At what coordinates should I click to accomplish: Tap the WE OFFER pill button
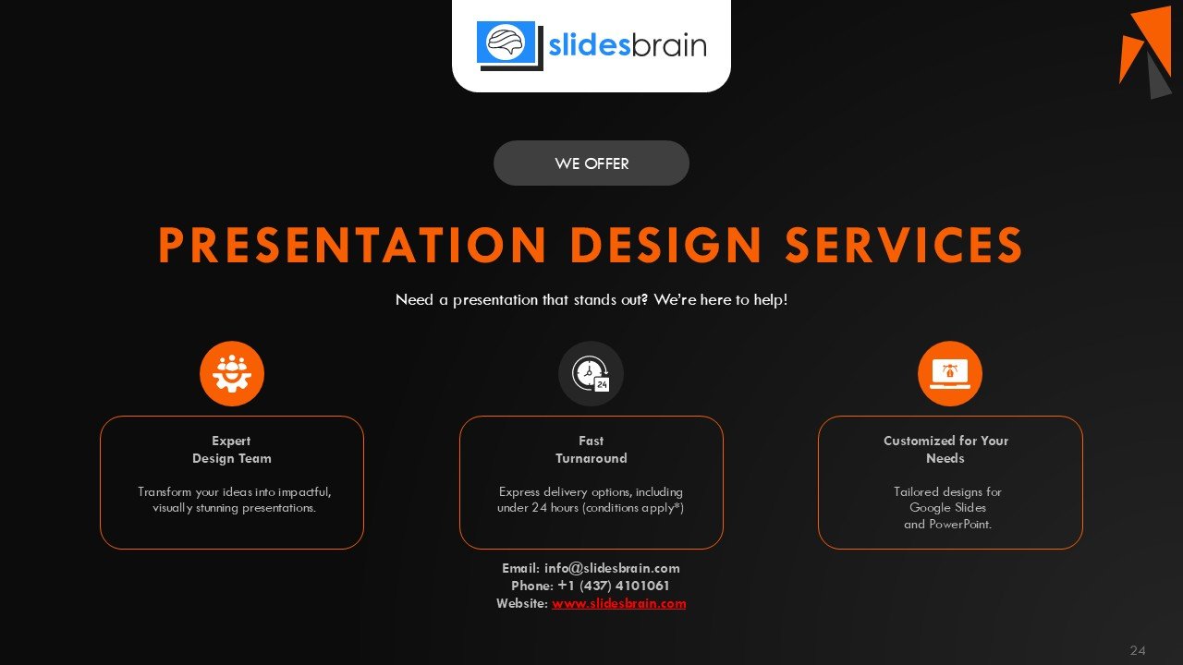[591, 163]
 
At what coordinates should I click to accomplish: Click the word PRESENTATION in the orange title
[352, 245]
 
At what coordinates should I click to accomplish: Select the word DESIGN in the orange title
[665, 245]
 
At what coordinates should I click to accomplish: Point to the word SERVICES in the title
[904, 245]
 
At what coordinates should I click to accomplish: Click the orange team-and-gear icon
[232, 374]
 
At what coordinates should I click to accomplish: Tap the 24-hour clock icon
[591, 374]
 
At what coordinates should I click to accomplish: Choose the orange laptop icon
[950, 374]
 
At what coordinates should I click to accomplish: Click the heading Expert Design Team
[232, 450]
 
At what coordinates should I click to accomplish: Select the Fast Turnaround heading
[591, 450]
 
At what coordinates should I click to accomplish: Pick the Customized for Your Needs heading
[945, 450]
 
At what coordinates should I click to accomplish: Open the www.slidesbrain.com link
[619, 603]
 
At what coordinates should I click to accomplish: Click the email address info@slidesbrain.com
[612, 568]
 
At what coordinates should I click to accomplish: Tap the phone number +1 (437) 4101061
[614, 586]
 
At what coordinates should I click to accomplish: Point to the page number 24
[1138, 650]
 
